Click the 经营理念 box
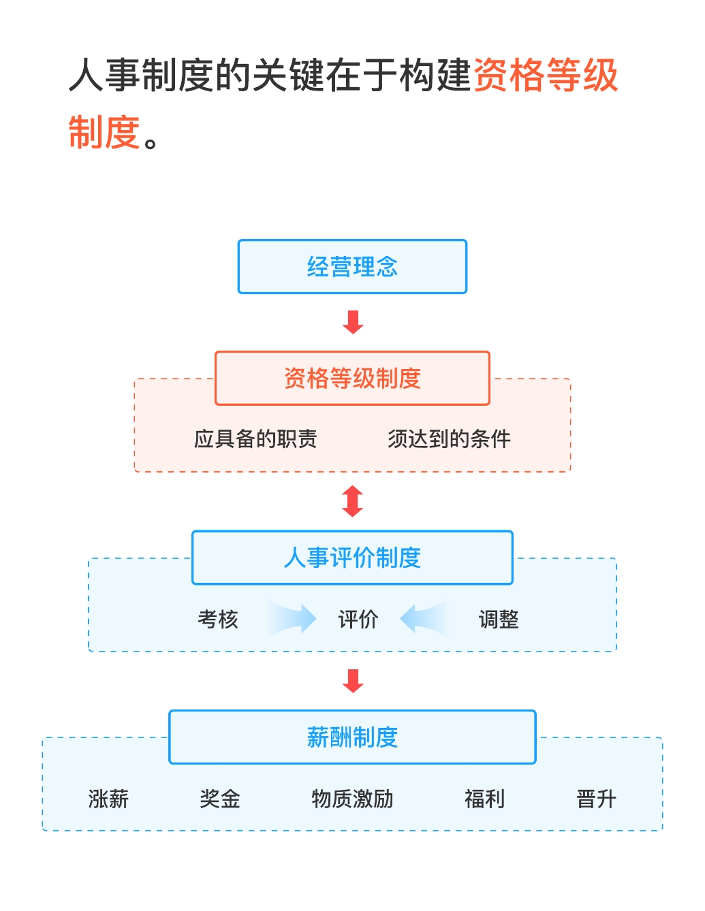352,267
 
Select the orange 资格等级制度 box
352,379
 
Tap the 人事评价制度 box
352,558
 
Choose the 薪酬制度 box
352,737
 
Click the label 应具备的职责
255,439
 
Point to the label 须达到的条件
449,439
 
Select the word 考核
218,620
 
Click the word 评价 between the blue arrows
358,620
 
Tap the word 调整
499,620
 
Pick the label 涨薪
108,799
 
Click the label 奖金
220,799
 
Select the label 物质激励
352,799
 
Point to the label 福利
484,799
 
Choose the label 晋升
596,799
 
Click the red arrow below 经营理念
353,322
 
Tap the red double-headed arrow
353,501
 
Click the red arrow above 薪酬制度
353,681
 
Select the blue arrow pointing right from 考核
293,618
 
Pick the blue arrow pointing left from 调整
424,618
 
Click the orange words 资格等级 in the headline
546,75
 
